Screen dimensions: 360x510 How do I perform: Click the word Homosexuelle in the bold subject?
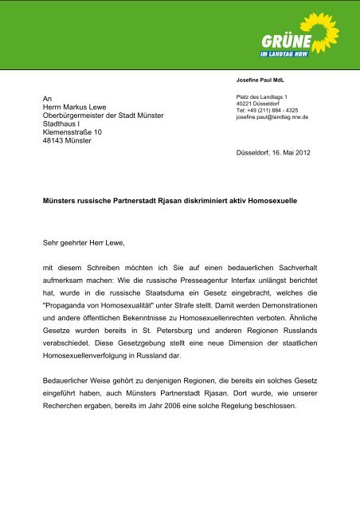[268, 202]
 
